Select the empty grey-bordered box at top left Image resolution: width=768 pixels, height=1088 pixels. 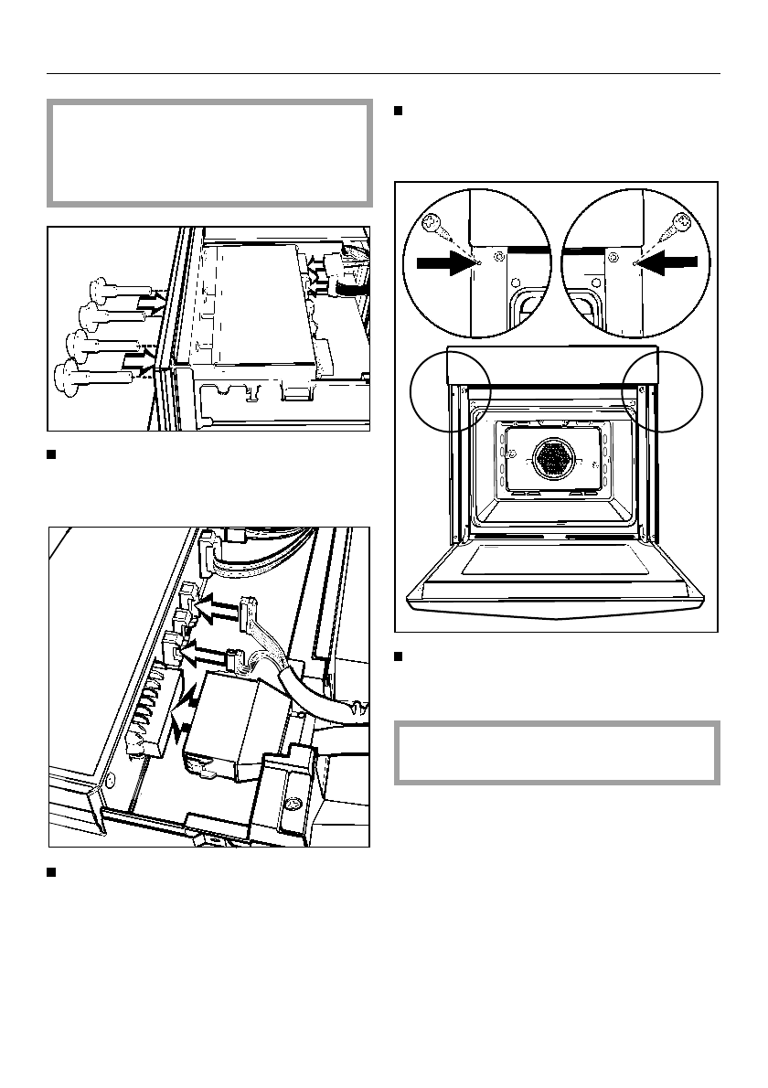209,153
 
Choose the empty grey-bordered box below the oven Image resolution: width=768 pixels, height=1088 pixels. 556,752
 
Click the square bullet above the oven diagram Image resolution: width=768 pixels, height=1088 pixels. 399,112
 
